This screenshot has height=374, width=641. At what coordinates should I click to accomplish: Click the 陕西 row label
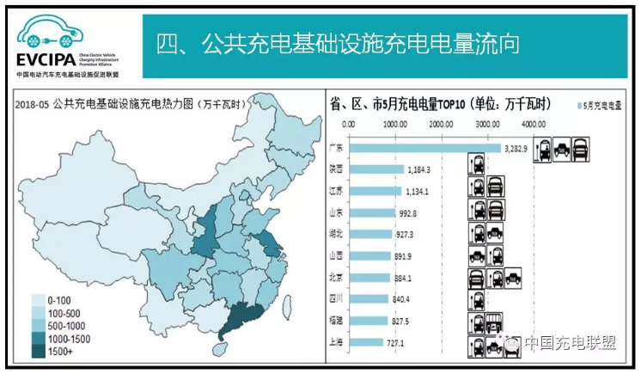click(x=335, y=169)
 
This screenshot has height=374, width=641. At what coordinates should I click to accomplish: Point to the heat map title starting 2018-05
click(x=129, y=103)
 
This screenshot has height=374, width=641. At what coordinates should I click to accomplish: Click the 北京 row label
click(x=335, y=277)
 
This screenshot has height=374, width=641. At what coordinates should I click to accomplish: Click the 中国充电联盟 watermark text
click(x=571, y=343)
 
